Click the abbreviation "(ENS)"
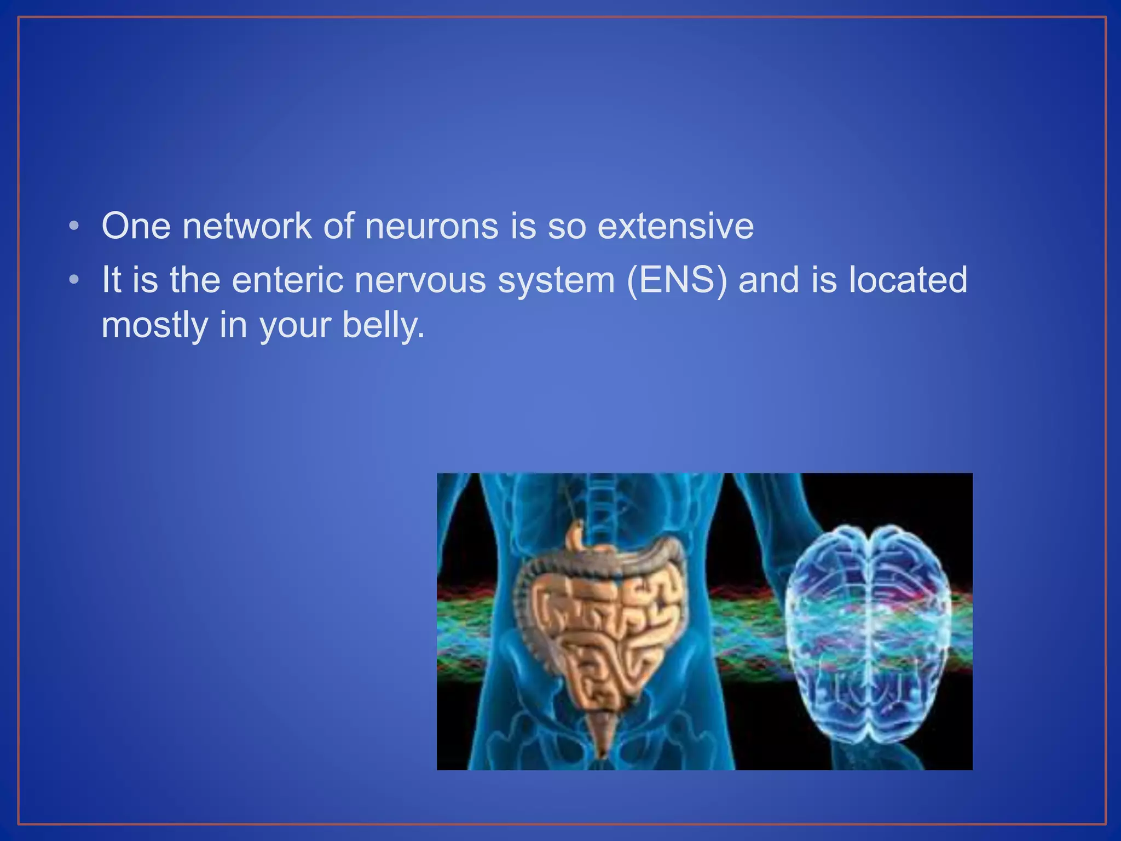[x=677, y=280]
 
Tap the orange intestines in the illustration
[x=599, y=630]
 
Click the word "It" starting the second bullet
[x=111, y=280]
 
